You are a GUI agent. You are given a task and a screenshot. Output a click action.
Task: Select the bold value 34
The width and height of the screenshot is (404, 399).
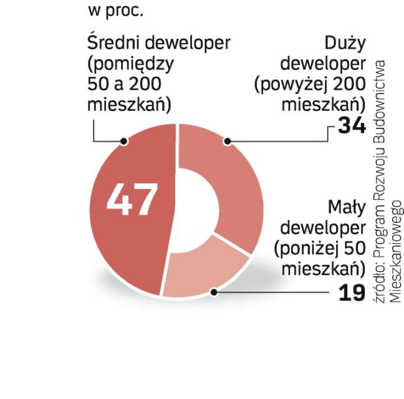pos(351,127)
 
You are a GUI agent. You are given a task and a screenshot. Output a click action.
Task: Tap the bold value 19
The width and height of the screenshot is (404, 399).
pos(351,292)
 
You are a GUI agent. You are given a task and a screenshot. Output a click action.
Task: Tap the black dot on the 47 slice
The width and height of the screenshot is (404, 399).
pos(125,142)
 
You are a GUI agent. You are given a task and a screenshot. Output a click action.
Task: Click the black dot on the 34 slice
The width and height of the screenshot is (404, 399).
pos(228,142)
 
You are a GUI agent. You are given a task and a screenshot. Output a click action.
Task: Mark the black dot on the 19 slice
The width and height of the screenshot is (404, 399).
pos(214,291)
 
